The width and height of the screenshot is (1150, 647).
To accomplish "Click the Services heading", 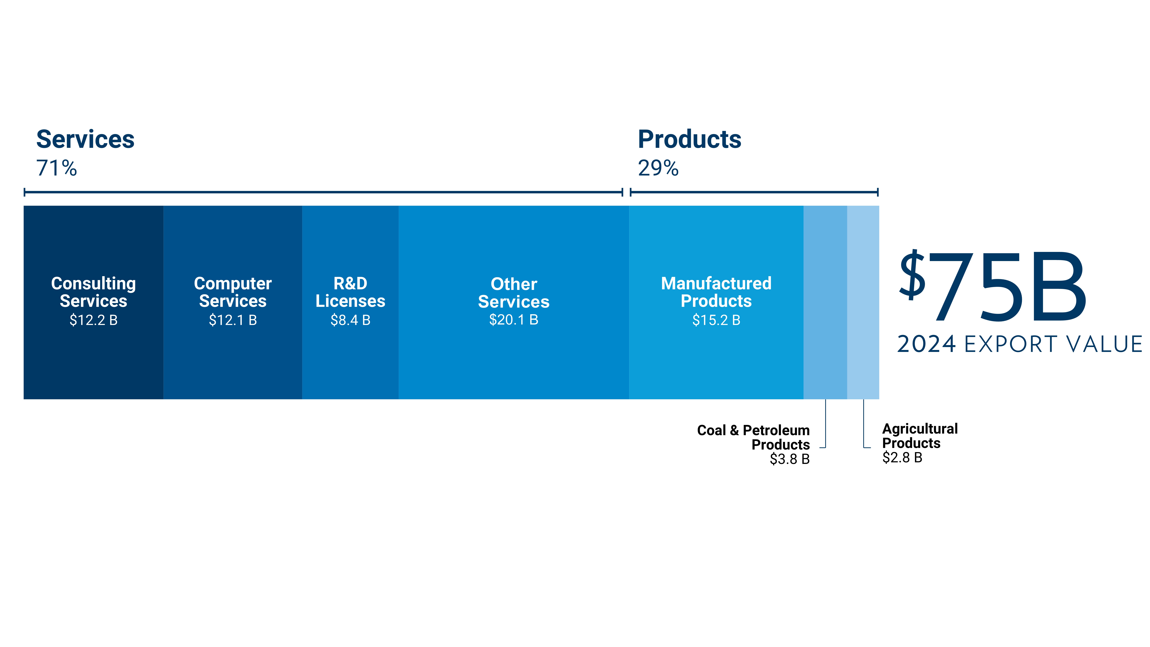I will coord(85,139).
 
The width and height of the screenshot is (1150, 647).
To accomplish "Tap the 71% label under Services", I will coord(57,168).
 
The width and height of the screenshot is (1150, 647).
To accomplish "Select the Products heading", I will coord(689,139).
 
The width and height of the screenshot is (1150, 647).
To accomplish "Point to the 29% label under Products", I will coord(658,168).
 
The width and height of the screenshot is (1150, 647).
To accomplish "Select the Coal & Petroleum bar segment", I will coord(825,302).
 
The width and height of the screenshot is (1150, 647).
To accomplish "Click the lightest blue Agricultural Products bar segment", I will coord(863,302).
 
